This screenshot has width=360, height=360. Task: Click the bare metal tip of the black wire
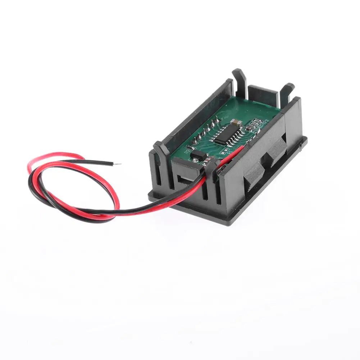click(117, 164)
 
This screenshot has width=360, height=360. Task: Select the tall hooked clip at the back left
click(238, 77)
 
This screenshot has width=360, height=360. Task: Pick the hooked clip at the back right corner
click(287, 90)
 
